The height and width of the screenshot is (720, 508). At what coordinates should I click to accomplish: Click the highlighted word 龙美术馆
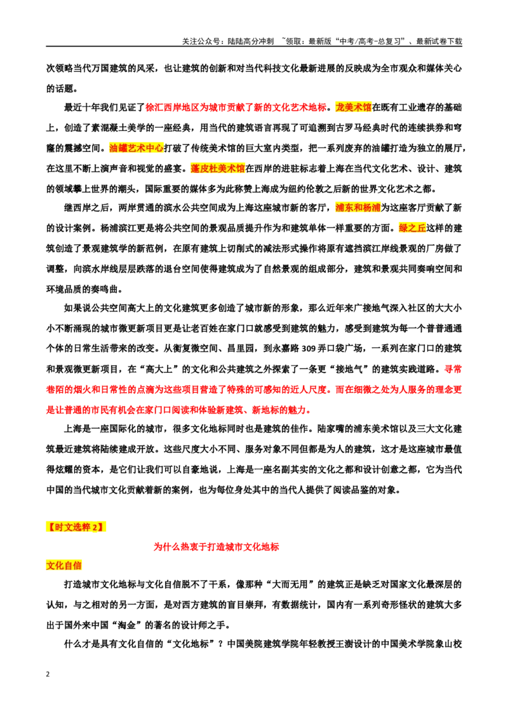pyautogui.click(x=354, y=107)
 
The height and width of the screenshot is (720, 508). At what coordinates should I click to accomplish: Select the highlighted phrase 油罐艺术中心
pyautogui.click(x=137, y=148)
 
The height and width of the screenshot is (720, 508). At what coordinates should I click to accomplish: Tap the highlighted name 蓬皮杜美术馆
pyautogui.click(x=218, y=169)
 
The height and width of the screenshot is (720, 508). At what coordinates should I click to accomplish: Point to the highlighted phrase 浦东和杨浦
pyautogui.click(x=358, y=207)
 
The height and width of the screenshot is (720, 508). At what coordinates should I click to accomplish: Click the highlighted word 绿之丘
pyautogui.click(x=413, y=228)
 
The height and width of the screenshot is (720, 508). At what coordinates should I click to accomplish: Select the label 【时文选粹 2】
pyautogui.click(x=76, y=527)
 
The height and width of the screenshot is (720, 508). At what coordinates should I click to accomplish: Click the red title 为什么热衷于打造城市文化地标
pyautogui.click(x=216, y=547)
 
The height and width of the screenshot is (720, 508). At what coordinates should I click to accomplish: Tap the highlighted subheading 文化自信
pyautogui.click(x=63, y=565)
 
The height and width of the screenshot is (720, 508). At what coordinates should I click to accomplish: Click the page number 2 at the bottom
pyautogui.click(x=48, y=674)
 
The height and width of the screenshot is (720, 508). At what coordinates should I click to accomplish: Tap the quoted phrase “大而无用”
pyautogui.click(x=291, y=585)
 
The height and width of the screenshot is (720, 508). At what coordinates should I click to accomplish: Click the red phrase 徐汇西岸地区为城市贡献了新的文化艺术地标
pyautogui.click(x=236, y=107)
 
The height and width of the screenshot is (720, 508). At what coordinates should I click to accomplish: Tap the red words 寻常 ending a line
pyautogui.click(x=453, y=369)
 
